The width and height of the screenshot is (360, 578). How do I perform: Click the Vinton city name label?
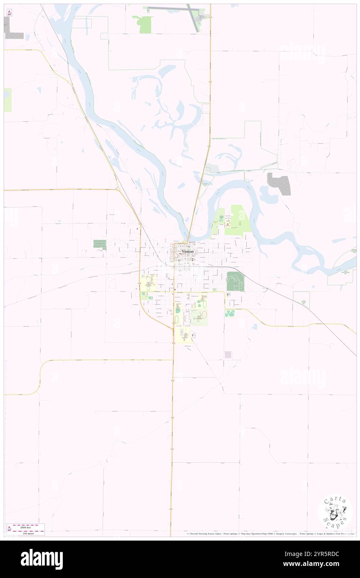point(187,251)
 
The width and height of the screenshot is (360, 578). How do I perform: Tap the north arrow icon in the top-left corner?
point(9,12)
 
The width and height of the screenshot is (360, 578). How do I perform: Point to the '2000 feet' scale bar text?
point(29,526)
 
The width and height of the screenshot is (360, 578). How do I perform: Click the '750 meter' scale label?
point(29,533)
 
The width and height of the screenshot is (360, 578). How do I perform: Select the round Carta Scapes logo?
point(335,512)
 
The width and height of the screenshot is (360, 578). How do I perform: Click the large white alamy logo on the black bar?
point(42,559)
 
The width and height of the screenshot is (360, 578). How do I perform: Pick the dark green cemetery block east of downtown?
point(235,281)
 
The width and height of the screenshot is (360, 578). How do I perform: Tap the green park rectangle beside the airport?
point(145,25)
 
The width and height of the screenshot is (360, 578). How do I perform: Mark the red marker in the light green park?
point(227,225)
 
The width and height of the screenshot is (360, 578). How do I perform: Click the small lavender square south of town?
point(228,355)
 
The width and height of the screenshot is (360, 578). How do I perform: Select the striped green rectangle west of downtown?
point(100,245)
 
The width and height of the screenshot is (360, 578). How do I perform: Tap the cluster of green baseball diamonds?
point(230,313)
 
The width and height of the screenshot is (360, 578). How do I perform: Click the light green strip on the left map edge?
point(8,100)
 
